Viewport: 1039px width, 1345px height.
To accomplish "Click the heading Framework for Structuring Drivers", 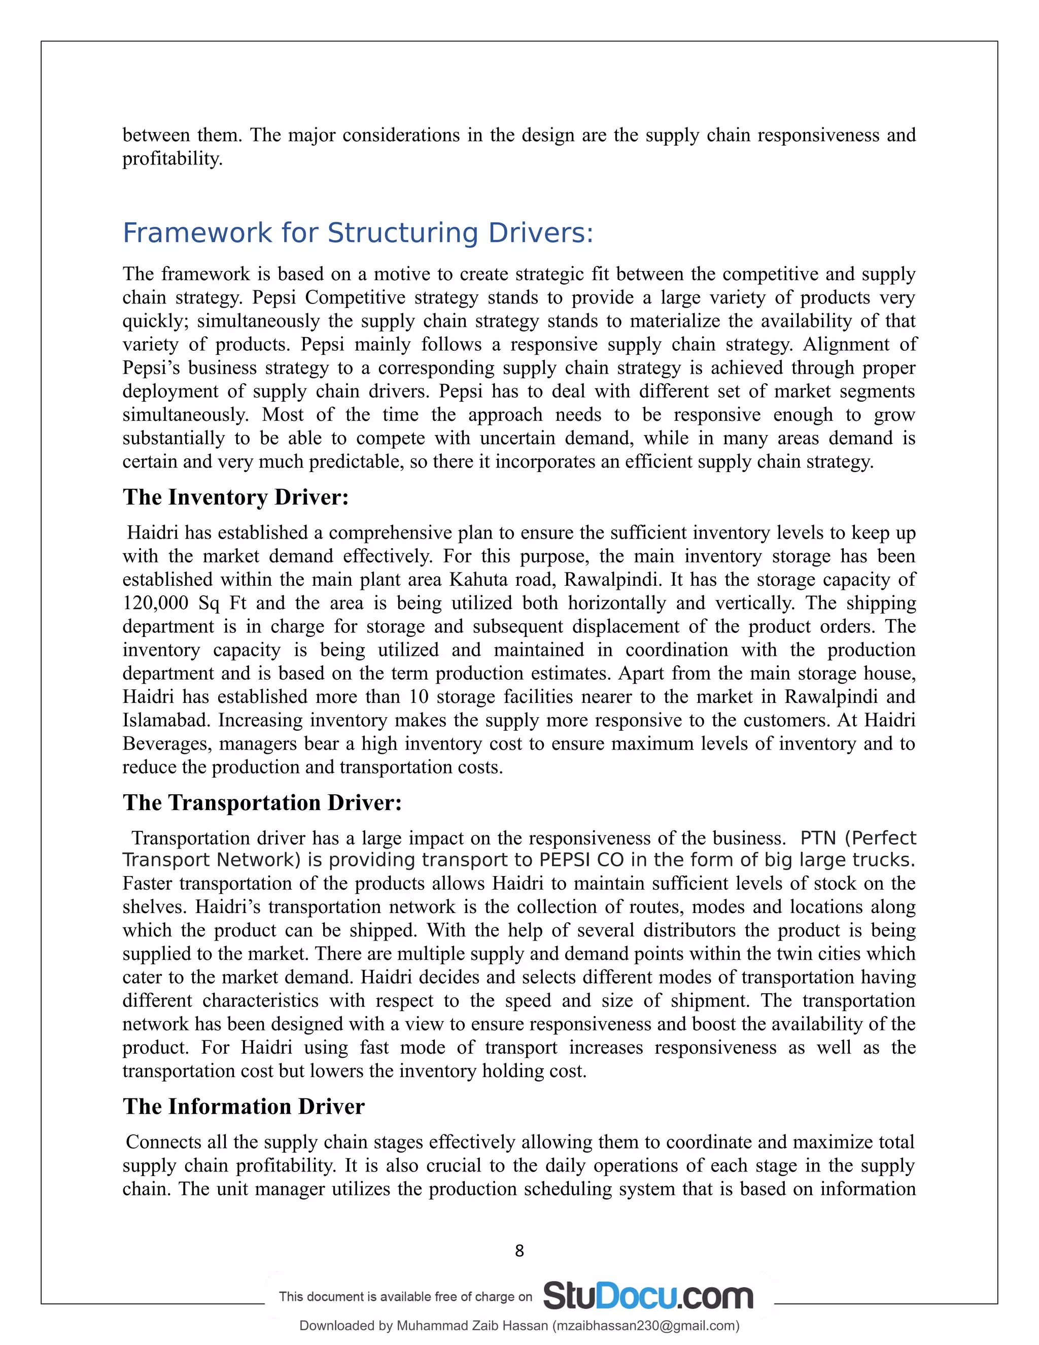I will pos(358,233).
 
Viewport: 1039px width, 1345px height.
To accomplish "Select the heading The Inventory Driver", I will pos(236,497).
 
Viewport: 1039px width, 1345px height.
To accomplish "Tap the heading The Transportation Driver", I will pos(262,802).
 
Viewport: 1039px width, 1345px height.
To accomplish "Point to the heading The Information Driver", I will pos(244,1106).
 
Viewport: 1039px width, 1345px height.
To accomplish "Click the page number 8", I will pos(519,1251).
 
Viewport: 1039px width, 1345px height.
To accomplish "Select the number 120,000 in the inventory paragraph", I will pos(155,603).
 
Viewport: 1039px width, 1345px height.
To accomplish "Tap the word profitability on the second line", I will pos(172,159).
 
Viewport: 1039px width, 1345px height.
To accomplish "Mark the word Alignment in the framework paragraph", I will pos(846,344).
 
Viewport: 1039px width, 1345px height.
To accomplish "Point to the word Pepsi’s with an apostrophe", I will pos(151,367).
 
